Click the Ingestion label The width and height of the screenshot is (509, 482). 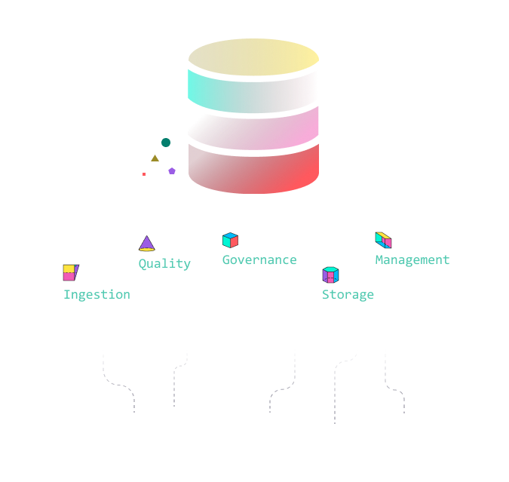[x=97, y=294]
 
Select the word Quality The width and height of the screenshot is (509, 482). [x=164, y=263]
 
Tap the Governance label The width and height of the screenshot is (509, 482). [x=259, y=259]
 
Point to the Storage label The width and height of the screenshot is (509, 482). [x=348, y=294]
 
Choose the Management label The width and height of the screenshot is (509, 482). [x=412, y=259]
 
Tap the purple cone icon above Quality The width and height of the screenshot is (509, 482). [x=147, y=243]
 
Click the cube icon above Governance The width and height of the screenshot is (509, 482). [x=230, y=240]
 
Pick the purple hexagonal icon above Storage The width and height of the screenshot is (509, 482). [x=330, y=275]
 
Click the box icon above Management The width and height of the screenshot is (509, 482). [x=383, y=240]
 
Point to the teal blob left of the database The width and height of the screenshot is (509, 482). [x=166, y=143]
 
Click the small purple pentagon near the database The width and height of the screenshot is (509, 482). [x=172, y=170]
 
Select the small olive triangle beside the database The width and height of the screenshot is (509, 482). [x=155, y=158]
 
